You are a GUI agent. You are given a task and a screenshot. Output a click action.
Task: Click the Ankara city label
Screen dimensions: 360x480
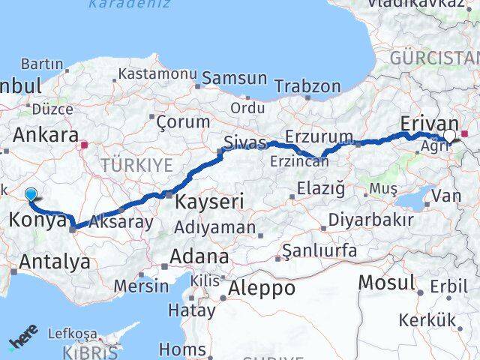46,136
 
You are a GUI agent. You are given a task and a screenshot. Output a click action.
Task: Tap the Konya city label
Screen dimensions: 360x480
34,220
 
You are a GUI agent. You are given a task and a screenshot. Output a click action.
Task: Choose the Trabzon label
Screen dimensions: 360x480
307,86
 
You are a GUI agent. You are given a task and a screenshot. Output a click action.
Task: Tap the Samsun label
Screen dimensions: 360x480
235,78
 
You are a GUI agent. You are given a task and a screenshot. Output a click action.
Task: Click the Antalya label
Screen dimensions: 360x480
55,262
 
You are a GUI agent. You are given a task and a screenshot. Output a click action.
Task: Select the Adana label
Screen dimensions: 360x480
199,256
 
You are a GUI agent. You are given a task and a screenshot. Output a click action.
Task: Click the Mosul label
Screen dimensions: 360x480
387,283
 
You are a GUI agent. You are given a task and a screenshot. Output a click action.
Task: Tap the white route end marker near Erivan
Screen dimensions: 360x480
449,135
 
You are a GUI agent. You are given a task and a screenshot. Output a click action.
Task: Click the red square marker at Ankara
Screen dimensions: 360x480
85,145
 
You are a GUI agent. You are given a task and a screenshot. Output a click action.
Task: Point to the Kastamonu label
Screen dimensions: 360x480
157,74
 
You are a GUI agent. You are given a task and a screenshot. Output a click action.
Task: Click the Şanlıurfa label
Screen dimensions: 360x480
319,250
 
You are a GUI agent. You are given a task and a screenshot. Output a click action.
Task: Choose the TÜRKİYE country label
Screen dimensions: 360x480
137,165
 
